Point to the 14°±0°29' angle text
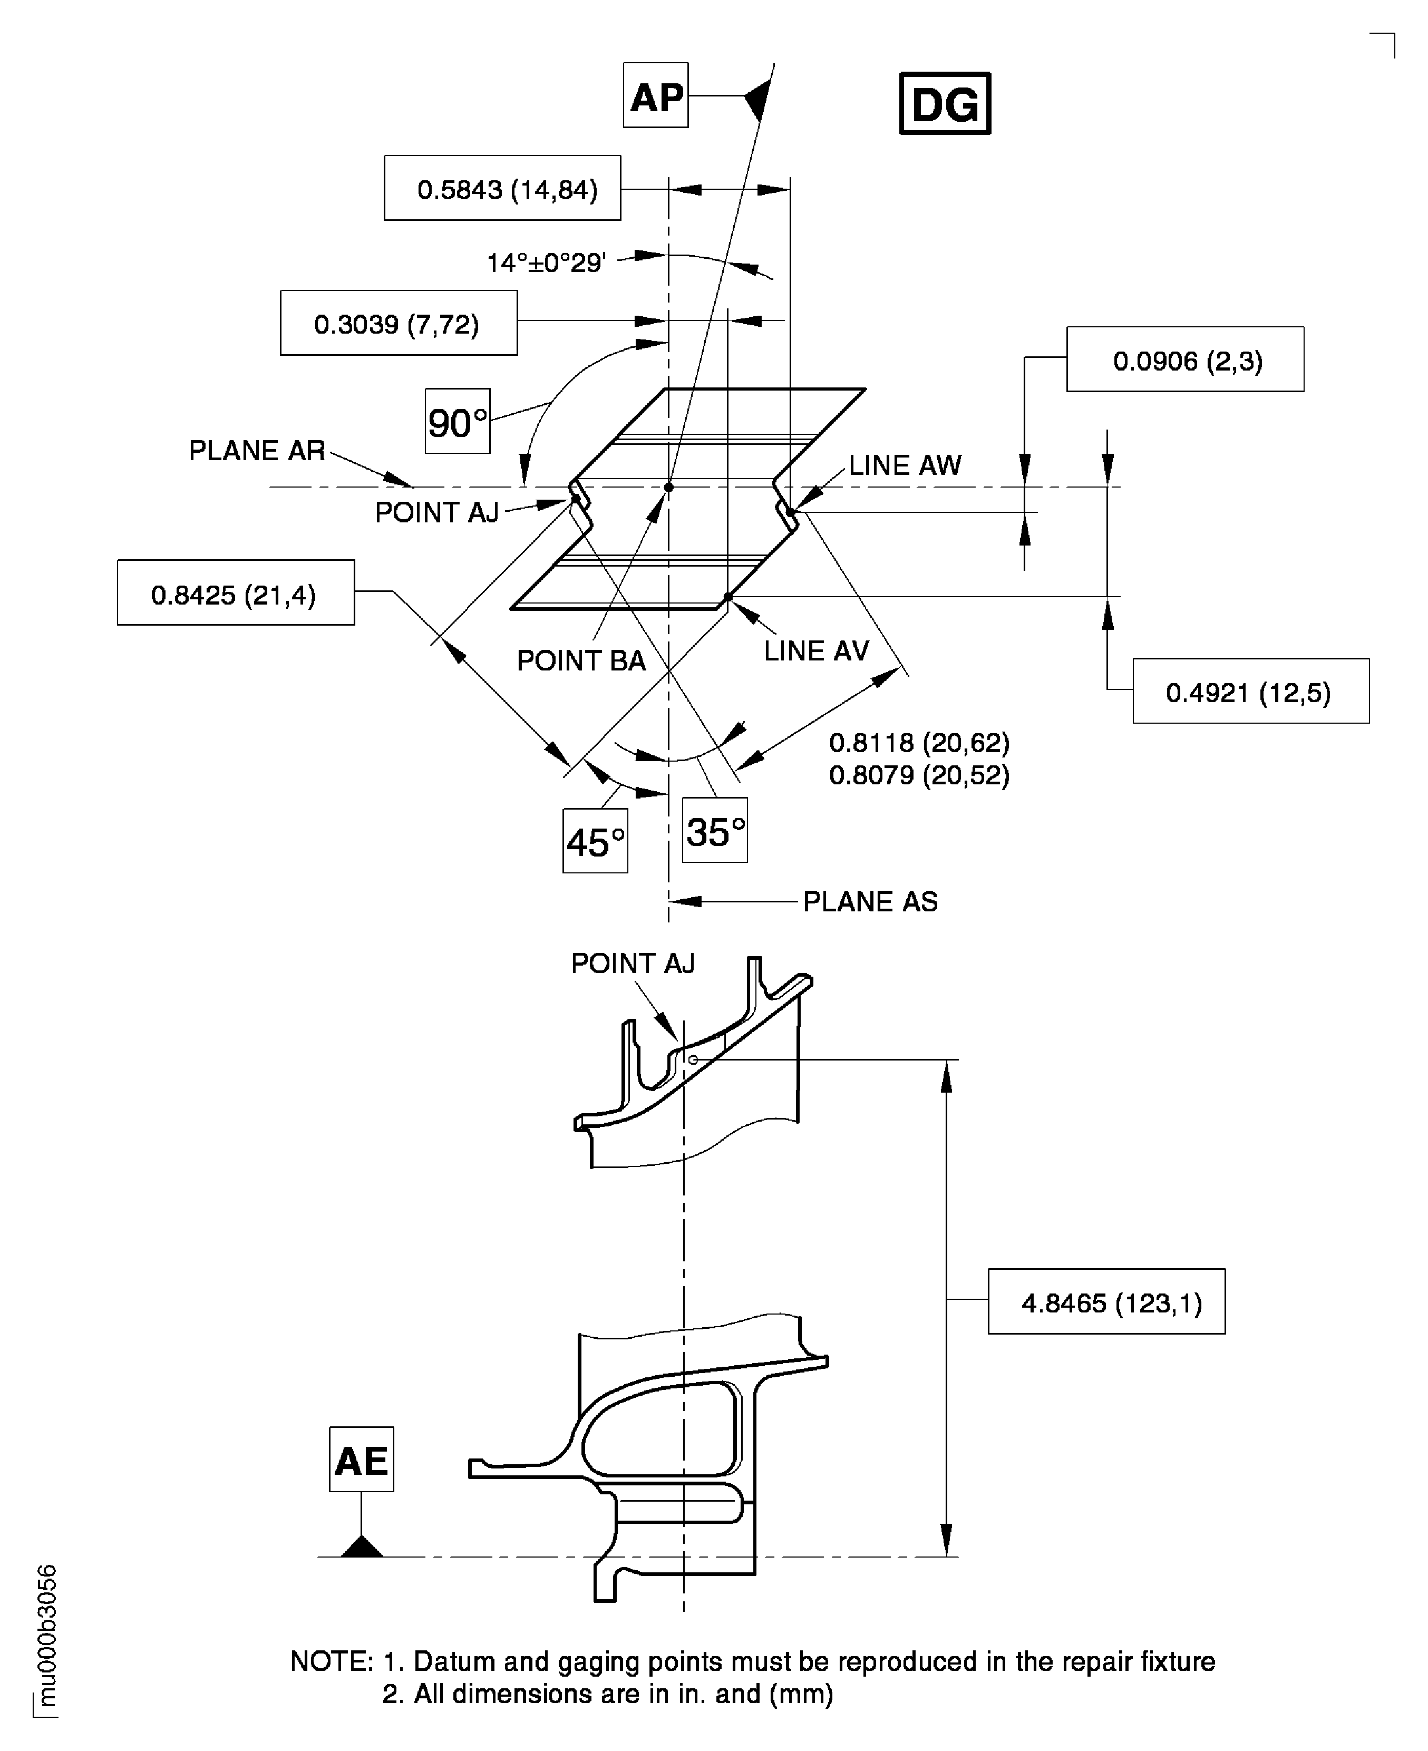[546, 263]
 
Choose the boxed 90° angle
[458, 421]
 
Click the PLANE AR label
[257, 451]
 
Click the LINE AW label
[905, 465]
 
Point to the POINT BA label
[581, 660]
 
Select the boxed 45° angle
[595, 841]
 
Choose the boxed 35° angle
[715, 831]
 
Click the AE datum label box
[361, 1459]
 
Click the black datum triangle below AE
[362, 1547]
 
